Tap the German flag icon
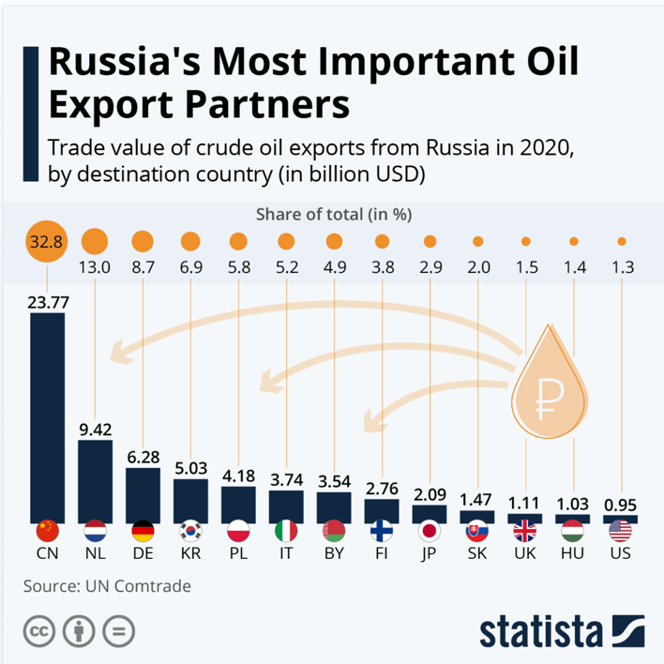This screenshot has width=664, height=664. coord(143,531)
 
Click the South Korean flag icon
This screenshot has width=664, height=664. coord(190,531)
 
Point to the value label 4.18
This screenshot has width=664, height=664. coord(238,475)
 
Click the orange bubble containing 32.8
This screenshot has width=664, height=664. coord(46,242)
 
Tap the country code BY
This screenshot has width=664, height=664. coord(334,554)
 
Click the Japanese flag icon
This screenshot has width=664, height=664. coord(430,531)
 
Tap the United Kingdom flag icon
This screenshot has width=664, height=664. coord(525,531)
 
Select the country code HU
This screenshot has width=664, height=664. coord(573,554)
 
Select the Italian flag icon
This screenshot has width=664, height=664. coord(286,531)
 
